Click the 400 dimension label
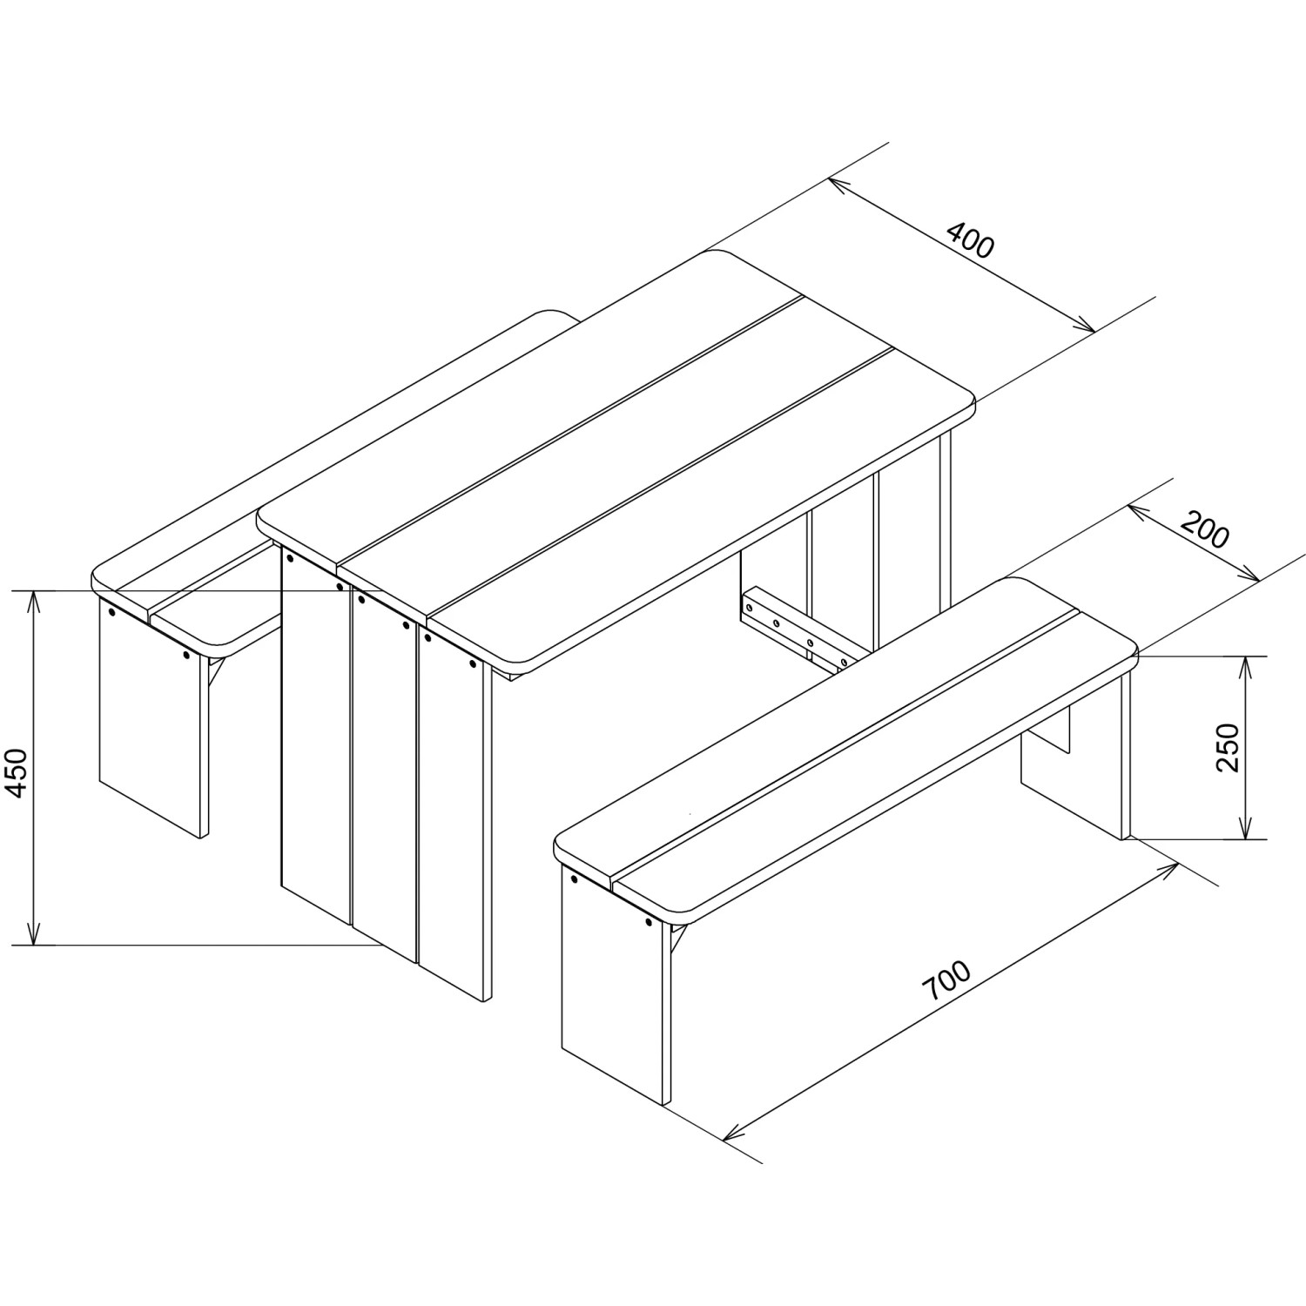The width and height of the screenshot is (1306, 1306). [x=969, y=241]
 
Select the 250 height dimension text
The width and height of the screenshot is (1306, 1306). [x=1227, y=747]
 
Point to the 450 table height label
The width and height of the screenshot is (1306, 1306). [x=18, y=772]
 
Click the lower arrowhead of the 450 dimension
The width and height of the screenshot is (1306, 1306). [x=34, y=932]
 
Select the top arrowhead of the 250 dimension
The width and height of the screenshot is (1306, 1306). [x=1247, y=668]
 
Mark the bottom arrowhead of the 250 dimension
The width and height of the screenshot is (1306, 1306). [x=1247, y=827]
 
